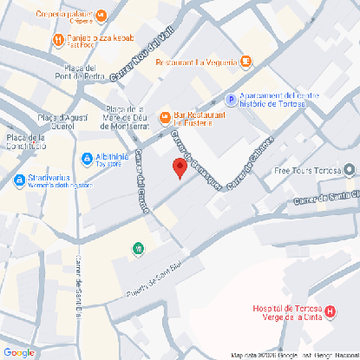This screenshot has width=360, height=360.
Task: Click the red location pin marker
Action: point(180,168)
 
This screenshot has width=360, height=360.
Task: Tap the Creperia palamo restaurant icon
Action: point(101,15)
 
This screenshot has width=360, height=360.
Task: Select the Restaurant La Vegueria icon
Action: point(245,62)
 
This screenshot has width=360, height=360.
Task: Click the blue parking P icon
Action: point(231,100)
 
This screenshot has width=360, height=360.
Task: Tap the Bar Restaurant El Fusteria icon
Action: point(165,117)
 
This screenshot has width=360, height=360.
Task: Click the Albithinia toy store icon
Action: point(87,159)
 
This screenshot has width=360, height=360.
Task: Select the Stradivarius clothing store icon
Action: point(20,180)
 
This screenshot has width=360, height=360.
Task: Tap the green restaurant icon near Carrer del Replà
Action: point(138,250)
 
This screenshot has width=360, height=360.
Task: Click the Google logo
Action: point(19,351)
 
